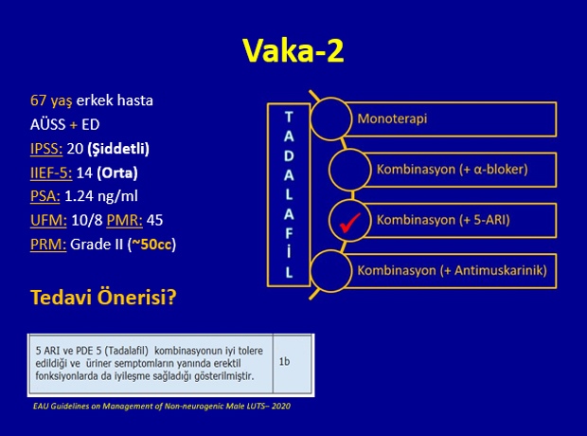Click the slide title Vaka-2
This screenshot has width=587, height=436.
tap(293, 50)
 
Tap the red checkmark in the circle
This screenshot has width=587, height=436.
tap(349, 223)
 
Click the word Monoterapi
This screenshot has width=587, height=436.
tap(392, 118)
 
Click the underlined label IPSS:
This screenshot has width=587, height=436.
tap(46, 149)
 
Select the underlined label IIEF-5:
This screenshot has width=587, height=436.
tap(51, 173)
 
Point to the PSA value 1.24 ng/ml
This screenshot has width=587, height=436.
tap(101, 196)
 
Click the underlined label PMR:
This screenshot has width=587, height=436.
tap(125, 221)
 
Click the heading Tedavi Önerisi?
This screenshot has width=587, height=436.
tap(103, 297)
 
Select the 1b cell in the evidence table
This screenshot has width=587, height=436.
tap(284, 362)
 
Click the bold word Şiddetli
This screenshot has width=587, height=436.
tap(118, 149)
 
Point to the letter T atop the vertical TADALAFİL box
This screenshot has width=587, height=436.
tap(288, 118)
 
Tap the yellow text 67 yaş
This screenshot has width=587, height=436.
tap(51, 100)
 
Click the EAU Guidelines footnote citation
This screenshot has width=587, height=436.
tap(162, 406)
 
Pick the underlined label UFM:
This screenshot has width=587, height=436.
tap(48, 221)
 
